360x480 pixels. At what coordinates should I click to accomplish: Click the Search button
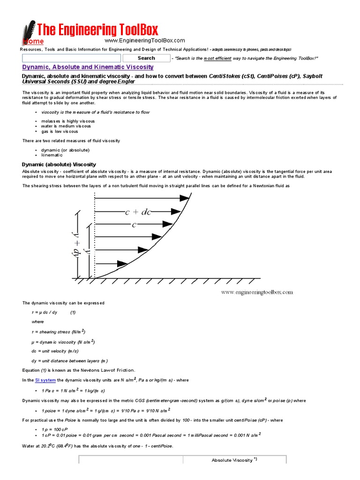pyautogui.click(x=146, y=58)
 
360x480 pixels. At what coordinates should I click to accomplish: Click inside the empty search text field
pyautogui.click(x=72, y=58)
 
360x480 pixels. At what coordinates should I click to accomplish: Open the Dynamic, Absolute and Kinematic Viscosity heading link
pyautogui.click(x=88, y=67)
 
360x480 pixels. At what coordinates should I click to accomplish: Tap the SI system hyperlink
pyautogui.click(x=45, y=380)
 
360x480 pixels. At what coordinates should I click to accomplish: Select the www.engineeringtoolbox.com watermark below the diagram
pyautogui.click(x=257, y=292)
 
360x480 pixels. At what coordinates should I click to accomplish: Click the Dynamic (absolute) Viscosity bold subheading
pyautogui.click(x=59, y=165)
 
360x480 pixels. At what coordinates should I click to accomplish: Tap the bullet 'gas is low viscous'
pyautogui.click(x=60, y=131)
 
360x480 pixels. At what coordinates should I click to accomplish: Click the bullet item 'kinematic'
pyautogui.click(x=52, y=155)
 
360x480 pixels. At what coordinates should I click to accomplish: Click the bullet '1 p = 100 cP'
pyautogui.click(x=55, y=429)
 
